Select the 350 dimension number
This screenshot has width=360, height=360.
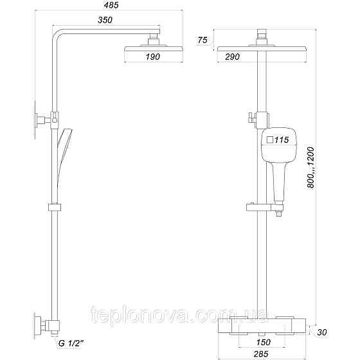click(x=106, y=21)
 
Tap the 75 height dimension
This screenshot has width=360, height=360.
click(x=203, y=40)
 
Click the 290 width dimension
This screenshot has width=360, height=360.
click(x=233, y=57)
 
